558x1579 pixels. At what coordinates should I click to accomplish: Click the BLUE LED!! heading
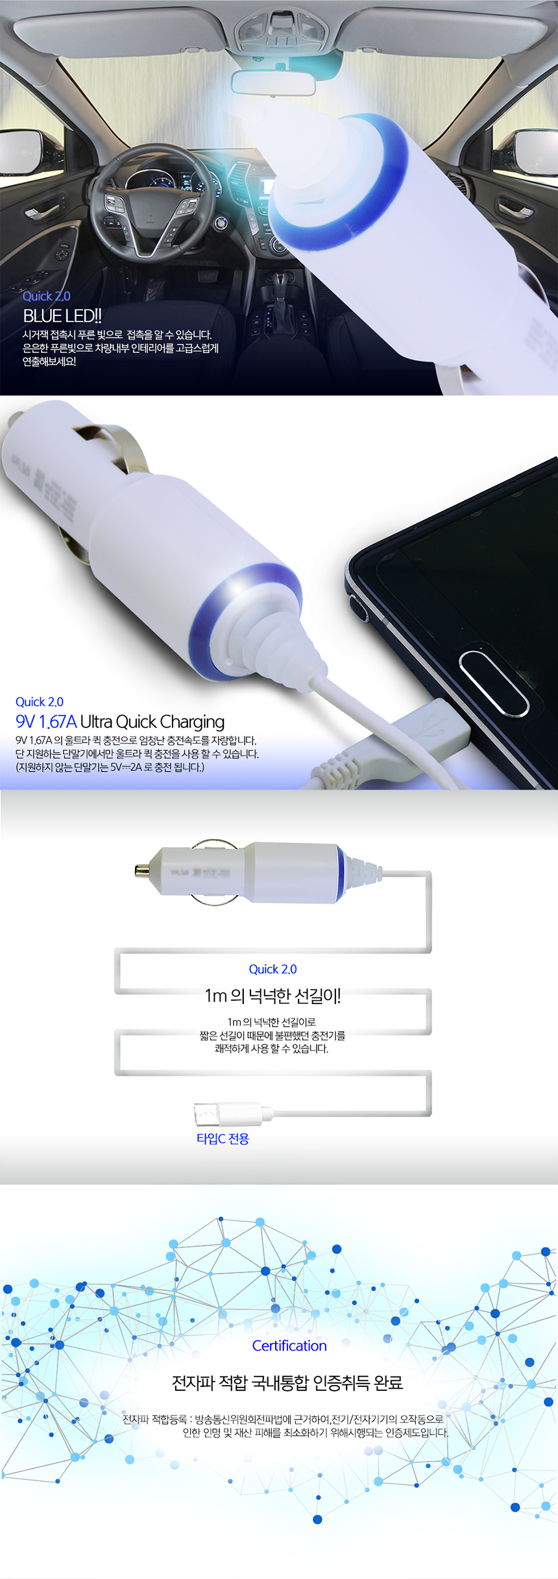coord(62,316)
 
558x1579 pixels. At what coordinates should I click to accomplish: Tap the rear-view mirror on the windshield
coord(273,82)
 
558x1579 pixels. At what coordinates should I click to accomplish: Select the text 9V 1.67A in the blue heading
coord(46,722)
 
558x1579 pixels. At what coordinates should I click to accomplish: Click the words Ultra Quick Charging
coord(152,722)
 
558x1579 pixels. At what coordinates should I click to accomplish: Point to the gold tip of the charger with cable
coord(141,870)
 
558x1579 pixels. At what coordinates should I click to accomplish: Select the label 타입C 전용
coord(223,1138)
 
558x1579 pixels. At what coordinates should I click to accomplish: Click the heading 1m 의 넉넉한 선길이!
coord(273,996)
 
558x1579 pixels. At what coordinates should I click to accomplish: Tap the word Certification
coord(289,1345)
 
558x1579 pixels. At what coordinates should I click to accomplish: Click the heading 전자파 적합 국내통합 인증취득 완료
coord(287,1383)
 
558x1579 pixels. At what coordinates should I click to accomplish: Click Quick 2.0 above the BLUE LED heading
coord(47,296)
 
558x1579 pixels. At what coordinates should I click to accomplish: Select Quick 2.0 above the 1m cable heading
coord(273,969)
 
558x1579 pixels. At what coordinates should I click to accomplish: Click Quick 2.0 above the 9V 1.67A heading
coord(40,702)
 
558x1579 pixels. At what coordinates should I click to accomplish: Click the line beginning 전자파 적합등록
coord(284,1419)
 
